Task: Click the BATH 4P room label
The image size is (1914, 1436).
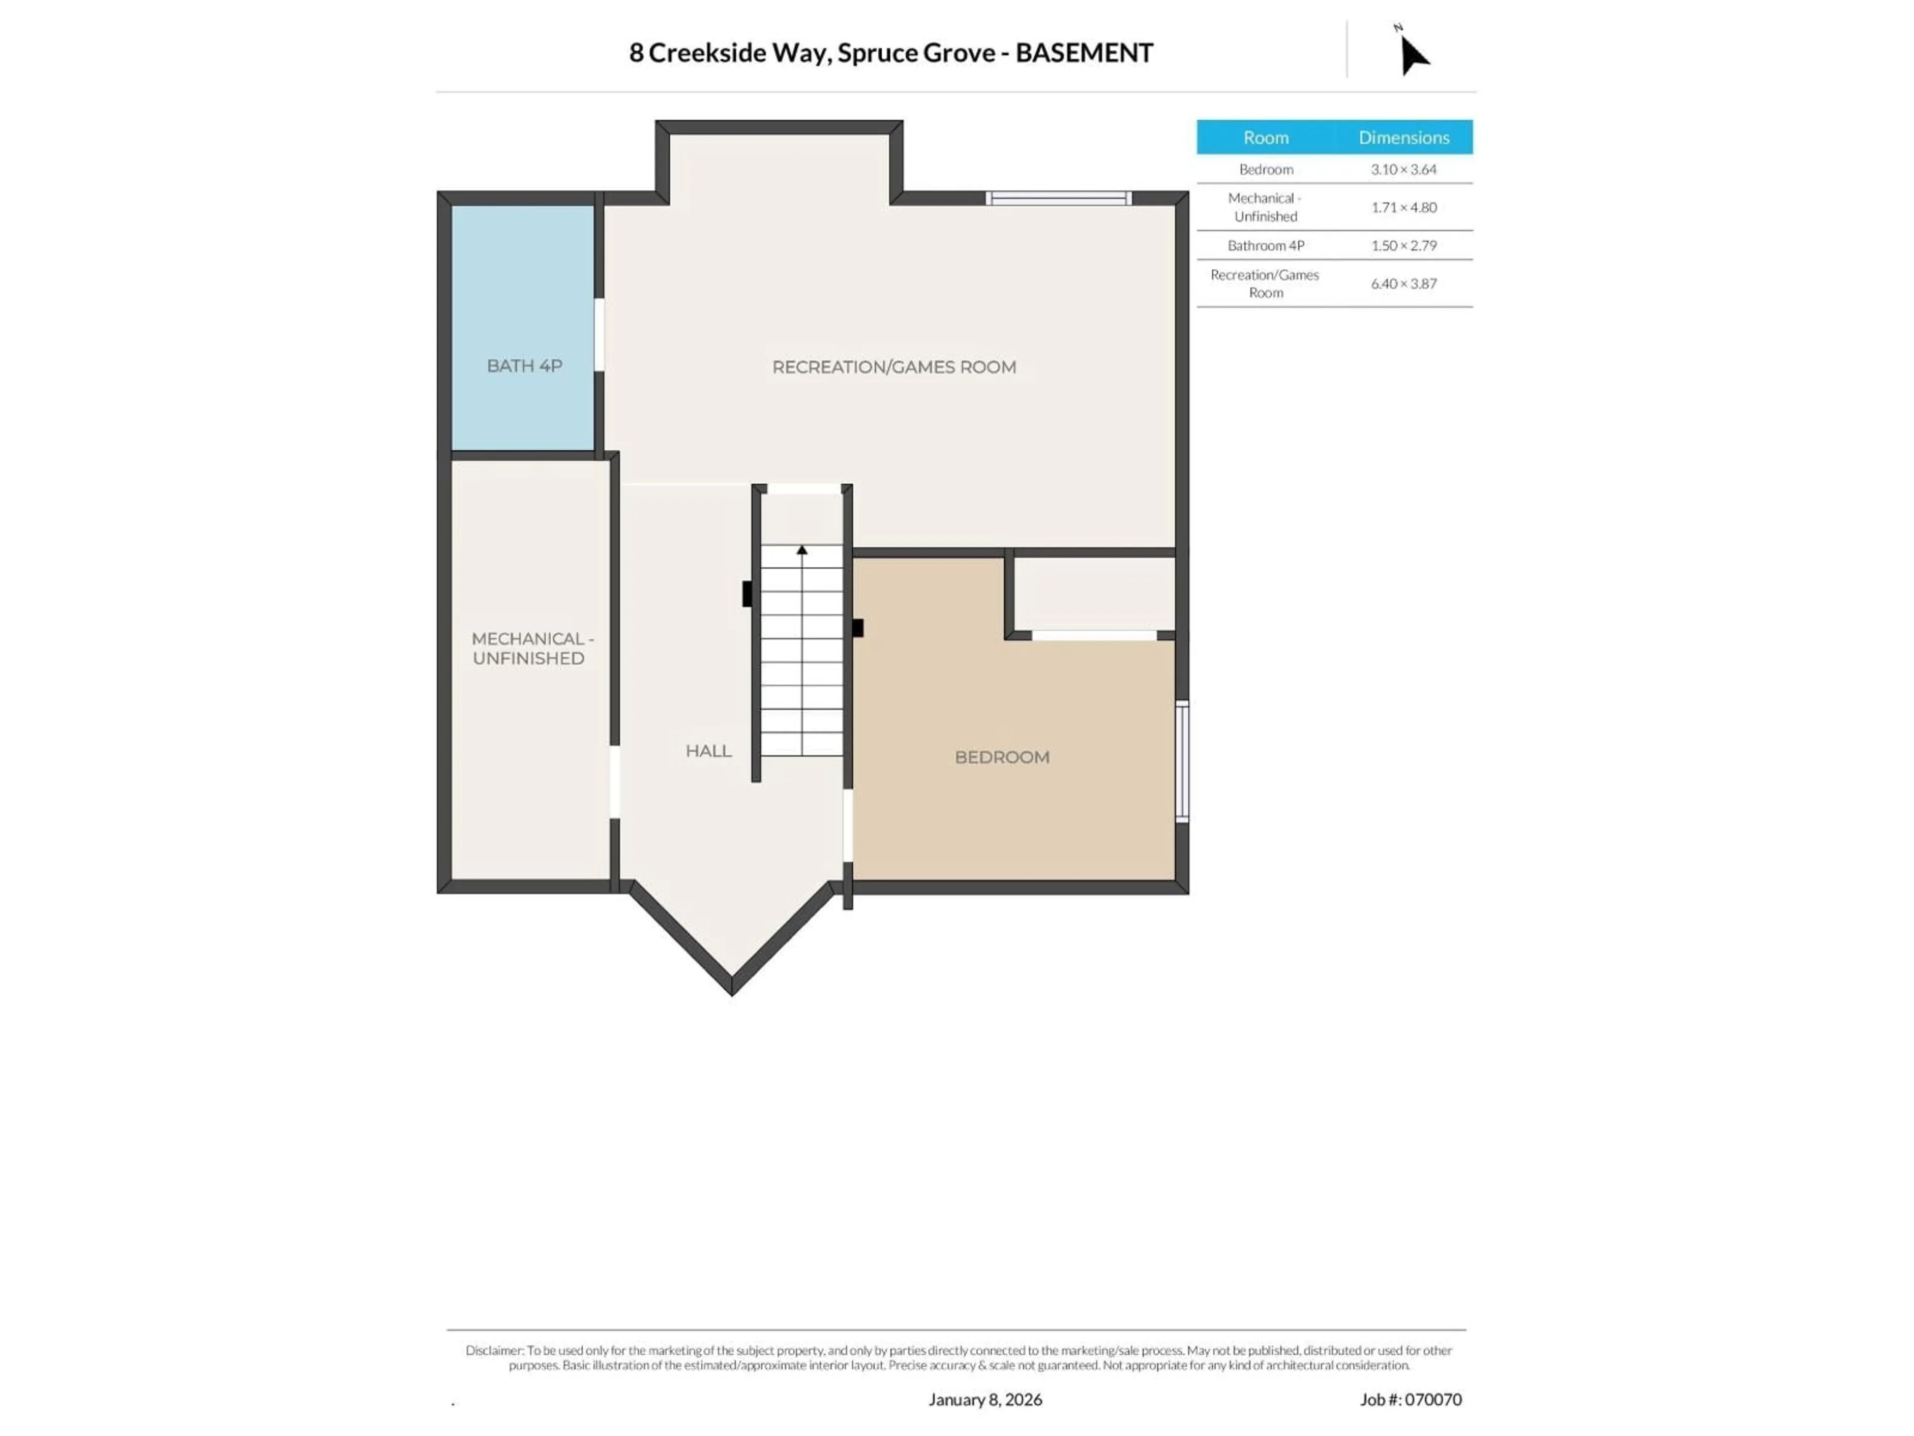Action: pos(524,366)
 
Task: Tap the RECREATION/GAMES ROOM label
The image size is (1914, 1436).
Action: pos(894,367)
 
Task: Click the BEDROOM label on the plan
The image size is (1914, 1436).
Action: pos(1002,757)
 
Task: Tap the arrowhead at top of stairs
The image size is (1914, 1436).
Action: pos(802,549)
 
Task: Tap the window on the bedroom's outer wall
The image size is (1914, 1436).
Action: pos(1182,761)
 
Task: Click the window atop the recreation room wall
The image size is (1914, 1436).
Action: pos(1058,198)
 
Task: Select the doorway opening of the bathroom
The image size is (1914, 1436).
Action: pos(599,335)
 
